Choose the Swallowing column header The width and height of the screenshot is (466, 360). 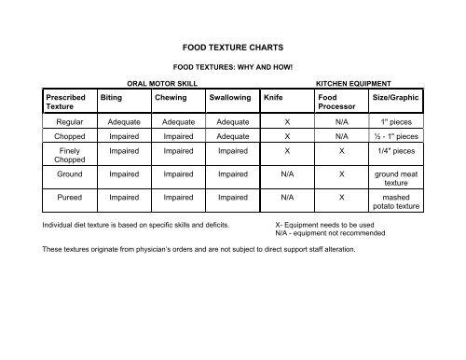pyautogui.click(x=233, y=95)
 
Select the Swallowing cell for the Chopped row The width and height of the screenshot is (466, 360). pyautogui.click(x=233, y=135)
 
